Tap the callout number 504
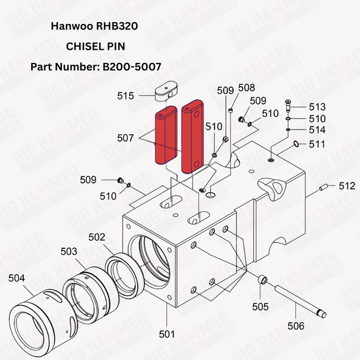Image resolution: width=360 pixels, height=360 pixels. click(x=17, y=278)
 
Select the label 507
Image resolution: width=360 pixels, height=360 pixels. click(x=125, y=138)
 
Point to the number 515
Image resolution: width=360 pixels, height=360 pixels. click(x=125, y=95)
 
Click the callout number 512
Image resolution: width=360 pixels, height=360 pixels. click(x=347, y=186)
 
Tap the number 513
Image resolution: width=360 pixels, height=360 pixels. click(x=317, y=107)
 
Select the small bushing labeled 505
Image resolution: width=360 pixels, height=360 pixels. click(x=261, y=280)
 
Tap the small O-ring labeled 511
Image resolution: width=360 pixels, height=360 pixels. click(x=296, y=143)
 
